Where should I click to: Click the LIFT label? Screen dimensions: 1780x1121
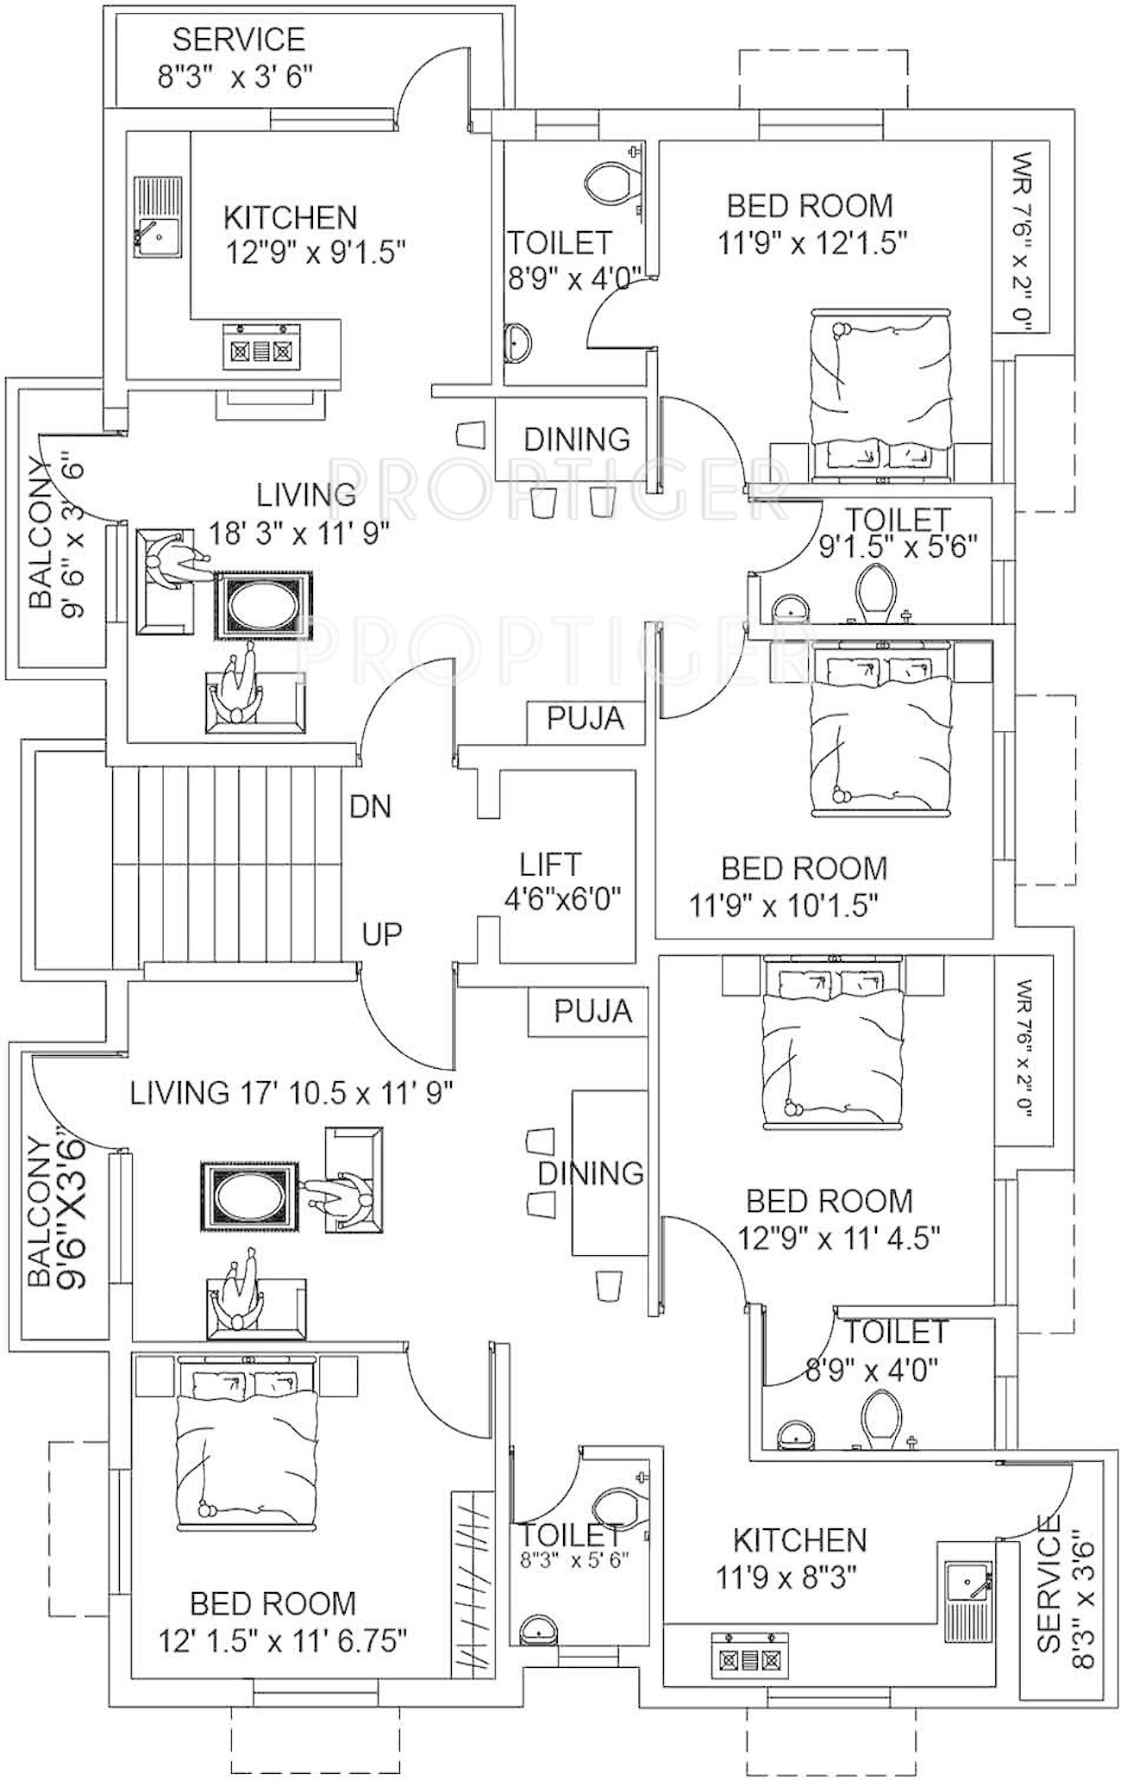click(x=550, y=865)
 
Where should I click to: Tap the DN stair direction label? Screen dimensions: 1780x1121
click(x=370, y=807)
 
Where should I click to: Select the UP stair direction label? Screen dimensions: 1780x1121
click(x=382, y=934)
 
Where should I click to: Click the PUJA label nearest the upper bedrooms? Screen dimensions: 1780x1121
click(x=586, y=718)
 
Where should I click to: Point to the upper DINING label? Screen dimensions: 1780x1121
click(x=577, y=440)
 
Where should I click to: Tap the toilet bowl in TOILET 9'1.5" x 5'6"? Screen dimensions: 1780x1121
click(x=877, y=592)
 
